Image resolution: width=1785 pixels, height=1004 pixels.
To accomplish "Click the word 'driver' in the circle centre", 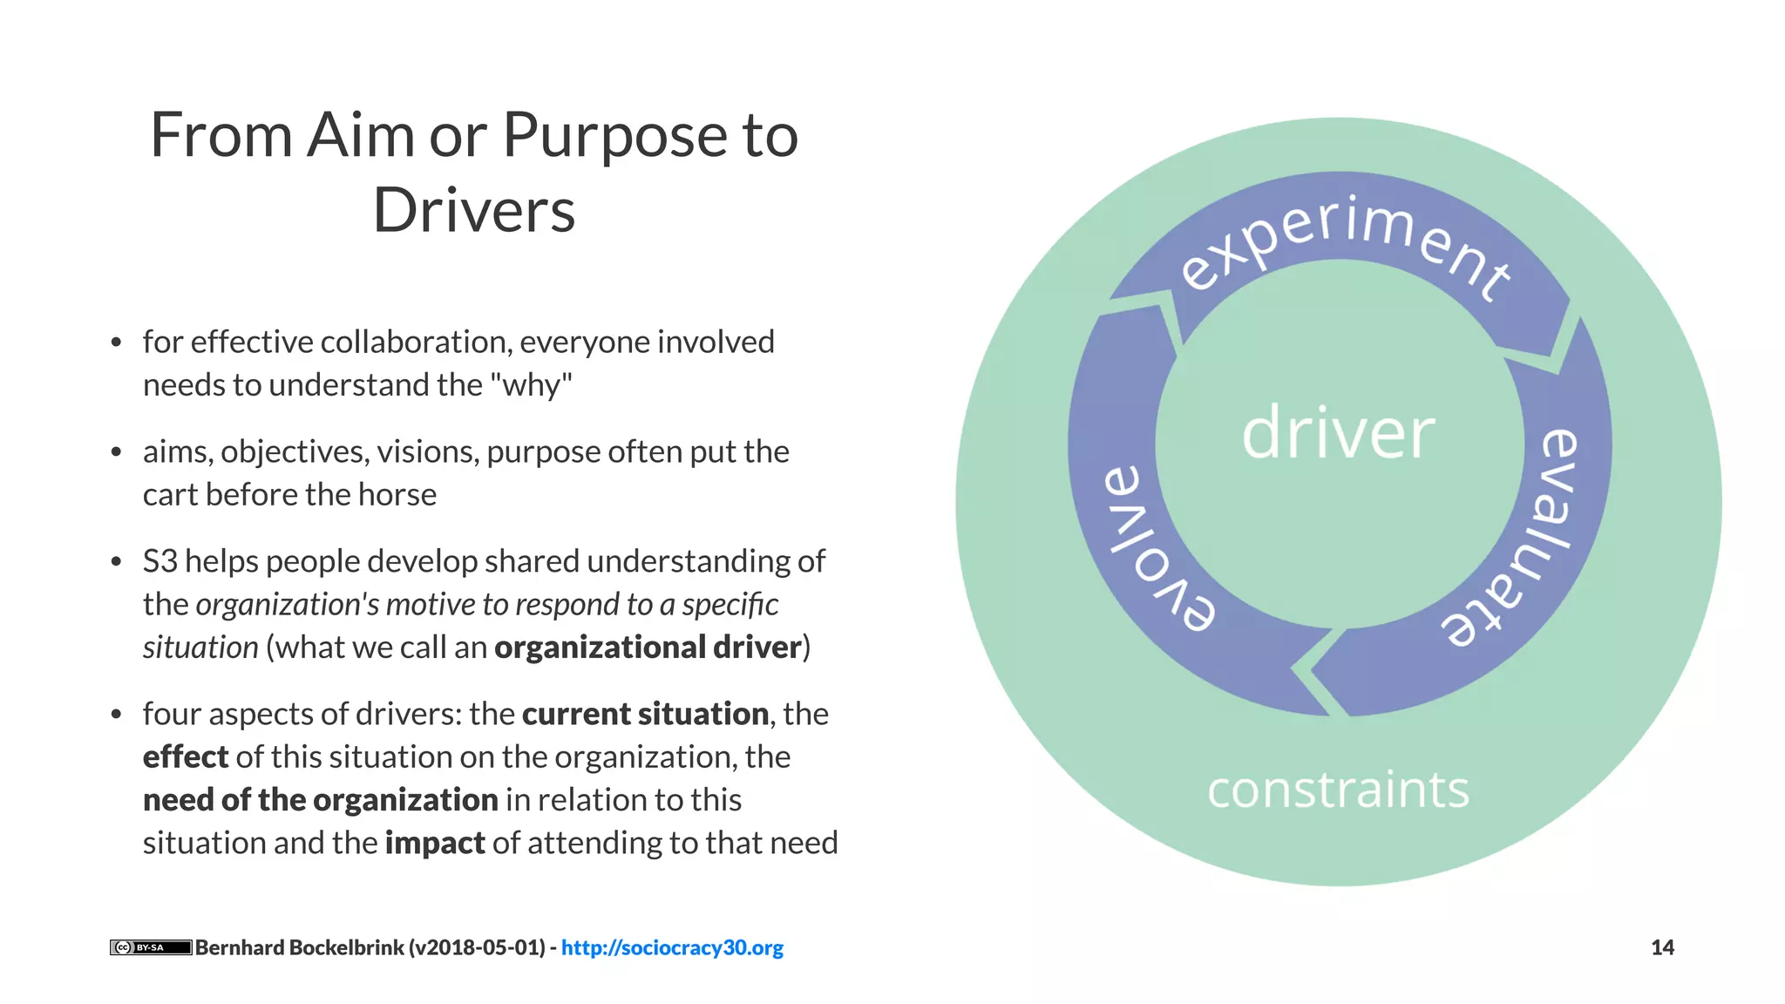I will [1338, 433].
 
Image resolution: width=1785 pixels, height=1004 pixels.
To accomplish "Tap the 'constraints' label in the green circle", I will [1338, 790].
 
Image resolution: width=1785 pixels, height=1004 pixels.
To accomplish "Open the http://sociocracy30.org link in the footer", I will [672, 947].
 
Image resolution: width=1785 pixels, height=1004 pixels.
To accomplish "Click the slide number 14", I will [1662, 947].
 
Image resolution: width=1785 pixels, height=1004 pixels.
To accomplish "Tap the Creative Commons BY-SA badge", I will [150, 947].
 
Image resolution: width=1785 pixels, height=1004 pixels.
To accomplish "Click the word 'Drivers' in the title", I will [474, 211].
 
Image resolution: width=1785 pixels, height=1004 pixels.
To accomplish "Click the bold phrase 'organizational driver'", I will [648, 648].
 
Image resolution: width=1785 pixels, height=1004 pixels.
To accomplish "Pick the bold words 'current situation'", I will [645, 714].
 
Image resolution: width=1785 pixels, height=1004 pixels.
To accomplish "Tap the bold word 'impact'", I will [434, 843].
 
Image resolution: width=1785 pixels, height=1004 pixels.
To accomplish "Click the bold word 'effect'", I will [185, 756].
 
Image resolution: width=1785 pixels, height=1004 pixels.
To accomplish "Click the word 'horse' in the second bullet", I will [397, 494].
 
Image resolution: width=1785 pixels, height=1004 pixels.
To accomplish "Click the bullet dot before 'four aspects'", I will [116, 715].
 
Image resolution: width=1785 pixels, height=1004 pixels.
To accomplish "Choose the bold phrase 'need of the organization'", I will [320, 800].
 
